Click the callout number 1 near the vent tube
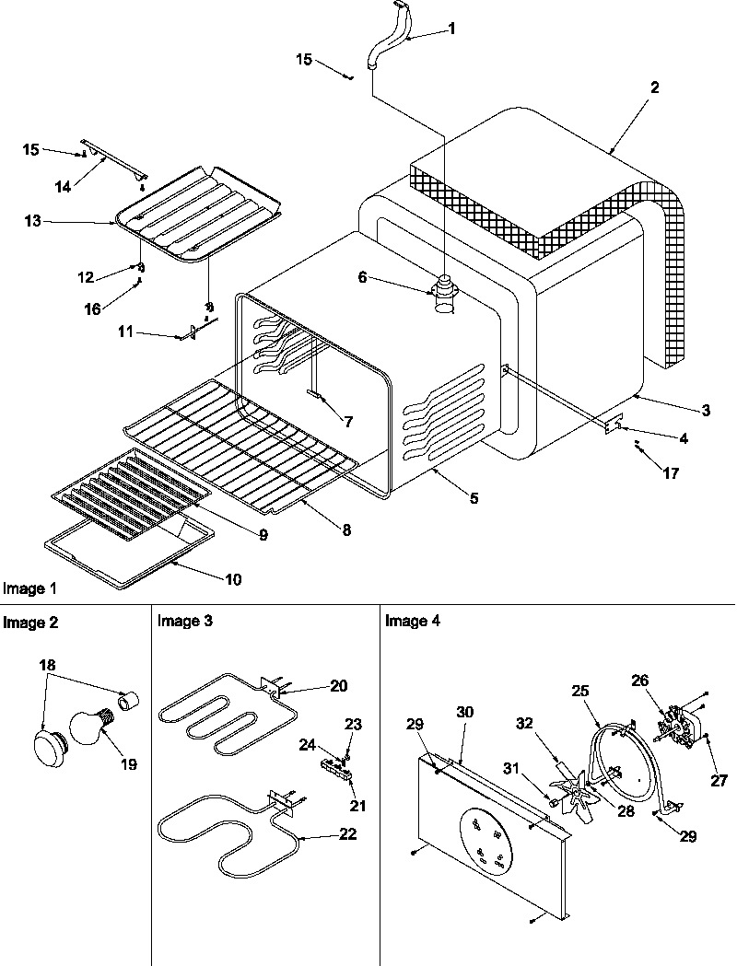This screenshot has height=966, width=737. point(451,29)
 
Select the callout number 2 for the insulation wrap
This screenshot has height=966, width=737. point(654,88)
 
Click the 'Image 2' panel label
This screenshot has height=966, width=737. point(30,623)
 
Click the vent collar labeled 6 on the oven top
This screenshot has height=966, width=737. point(445,296)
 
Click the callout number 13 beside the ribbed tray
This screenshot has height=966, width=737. point(33,221)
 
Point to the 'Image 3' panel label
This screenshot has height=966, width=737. point(185,622)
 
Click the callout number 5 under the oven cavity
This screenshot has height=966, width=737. point(474,498)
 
